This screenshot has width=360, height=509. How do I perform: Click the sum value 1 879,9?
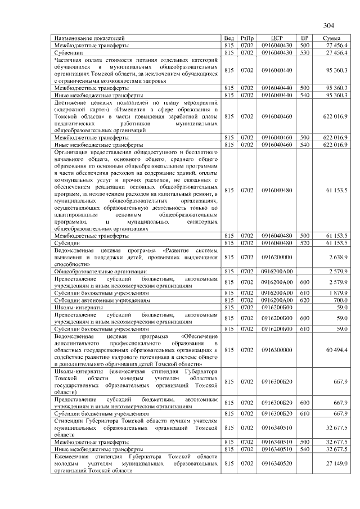click(x=336, y=293)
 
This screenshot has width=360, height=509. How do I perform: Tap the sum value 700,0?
click(x=339, y=301)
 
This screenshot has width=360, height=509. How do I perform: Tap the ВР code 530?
click(x=304, y=52)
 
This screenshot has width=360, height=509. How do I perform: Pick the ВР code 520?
click(x=304, y=242)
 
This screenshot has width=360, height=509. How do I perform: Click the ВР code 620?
click(x=304, y=301)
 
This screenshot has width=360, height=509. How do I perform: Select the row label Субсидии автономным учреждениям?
click(x=97, y=301)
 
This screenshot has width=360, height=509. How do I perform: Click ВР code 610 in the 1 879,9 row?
click(x=304, y=293)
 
